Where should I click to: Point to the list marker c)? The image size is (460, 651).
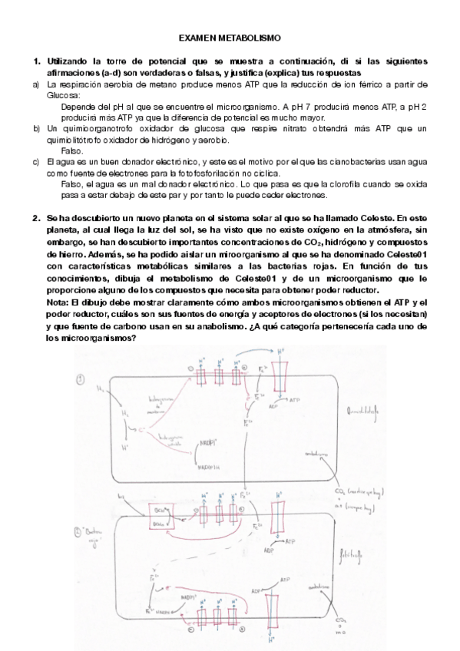(x=35, y=162)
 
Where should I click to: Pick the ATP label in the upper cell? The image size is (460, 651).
(x=295, y=400)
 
